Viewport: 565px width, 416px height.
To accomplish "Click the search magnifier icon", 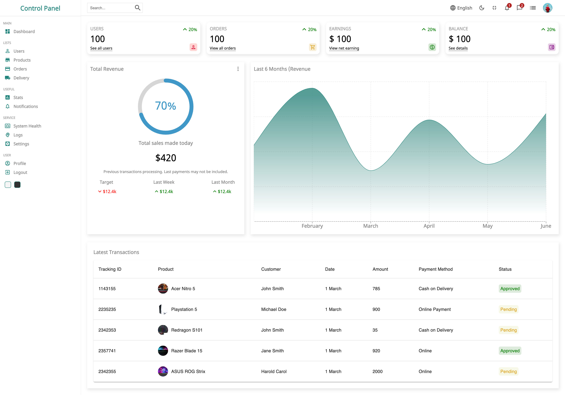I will point(137,8).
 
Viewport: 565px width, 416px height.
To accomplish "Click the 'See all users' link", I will point(101,48).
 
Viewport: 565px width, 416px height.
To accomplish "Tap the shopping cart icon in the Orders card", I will point(313,47).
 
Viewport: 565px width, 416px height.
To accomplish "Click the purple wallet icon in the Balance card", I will point(552,47).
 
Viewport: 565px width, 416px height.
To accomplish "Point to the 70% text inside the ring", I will point(166,106).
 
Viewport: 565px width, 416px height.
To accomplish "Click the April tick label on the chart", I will point(429,226).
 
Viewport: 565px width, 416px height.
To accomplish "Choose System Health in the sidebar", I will point(27,126).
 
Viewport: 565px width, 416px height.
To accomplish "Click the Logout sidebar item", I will point(20,172).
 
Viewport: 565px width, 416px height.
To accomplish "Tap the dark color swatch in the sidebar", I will point(17,185).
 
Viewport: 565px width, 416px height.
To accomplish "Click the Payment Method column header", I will point(436,269).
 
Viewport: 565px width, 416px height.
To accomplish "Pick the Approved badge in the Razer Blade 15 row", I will point(510,351).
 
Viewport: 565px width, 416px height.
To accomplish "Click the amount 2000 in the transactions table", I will point(377,371).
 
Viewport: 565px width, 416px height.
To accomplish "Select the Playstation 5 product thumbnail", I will point(163,309).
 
